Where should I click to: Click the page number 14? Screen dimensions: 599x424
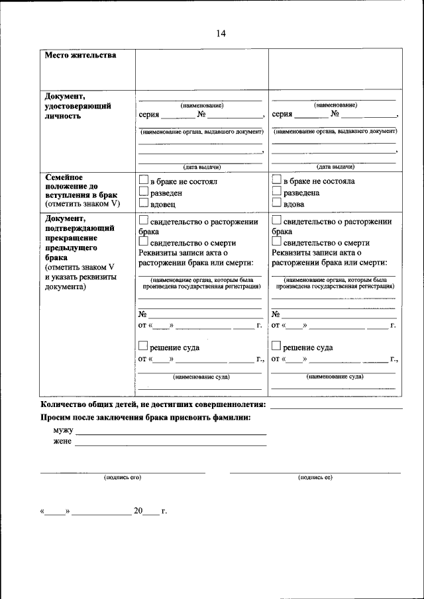(x=221, y=34)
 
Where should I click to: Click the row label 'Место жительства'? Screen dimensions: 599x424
(x=80, y=56)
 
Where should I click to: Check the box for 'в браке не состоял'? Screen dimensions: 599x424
(x=144, y=181)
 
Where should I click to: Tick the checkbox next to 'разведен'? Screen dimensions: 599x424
(x=144, y=193)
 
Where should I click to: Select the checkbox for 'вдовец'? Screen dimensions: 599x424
(x=144, y=205)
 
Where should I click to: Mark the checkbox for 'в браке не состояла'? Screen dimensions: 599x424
(x=277, y=181)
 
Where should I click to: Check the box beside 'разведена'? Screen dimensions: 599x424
(x=277, y=193)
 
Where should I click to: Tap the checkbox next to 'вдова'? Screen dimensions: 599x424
(x=277, y=205)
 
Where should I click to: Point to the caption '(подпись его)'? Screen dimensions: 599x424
(x=123, y=477)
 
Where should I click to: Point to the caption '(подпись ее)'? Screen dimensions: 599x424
(x=315, y=477)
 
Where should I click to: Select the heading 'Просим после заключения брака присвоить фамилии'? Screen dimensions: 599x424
(x=146, y=418)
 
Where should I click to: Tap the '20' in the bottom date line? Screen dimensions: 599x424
(x=138, y=511)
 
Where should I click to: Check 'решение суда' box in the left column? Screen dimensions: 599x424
(x=144, y=346)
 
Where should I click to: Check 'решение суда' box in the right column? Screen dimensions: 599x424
(x=277, y=346)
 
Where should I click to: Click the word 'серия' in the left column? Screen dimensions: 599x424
(x=149, y=114)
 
